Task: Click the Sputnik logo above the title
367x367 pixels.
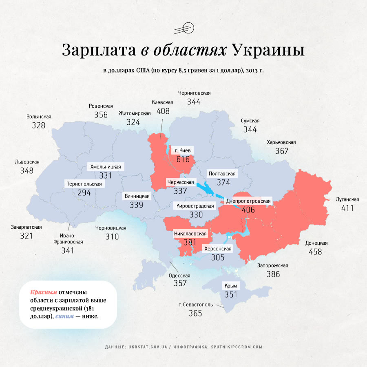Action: click(x=183, y=29)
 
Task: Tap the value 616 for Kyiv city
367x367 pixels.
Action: click(x=183, y=159)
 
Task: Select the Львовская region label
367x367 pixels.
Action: click(x=27, y=161)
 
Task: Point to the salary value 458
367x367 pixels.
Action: click(x=315, y=252)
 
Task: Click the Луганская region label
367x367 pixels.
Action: click(x=347, y=199)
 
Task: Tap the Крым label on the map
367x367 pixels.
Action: click(x=230, y=285)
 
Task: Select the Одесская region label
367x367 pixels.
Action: click(x=179, y=275)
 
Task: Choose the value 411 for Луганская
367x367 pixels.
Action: click(x=347, y=208)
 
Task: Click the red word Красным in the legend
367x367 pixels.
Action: click(x=43, y=292)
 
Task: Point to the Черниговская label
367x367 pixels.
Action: click(x=194, y=93)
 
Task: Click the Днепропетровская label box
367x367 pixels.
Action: click(x=248, y=201)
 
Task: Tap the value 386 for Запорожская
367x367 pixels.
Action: click(x=273, y=274)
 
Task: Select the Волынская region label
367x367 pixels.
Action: click(x=39, y=117)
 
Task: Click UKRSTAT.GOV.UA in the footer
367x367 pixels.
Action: click(x=148, y=347)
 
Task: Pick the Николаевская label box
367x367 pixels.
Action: click(x=190, y=234)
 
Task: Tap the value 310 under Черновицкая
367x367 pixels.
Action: click(x=111, y=237)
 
